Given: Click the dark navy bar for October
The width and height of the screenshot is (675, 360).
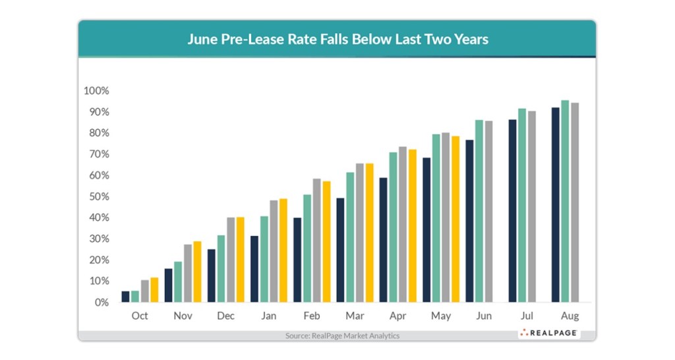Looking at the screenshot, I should tap(125, 297).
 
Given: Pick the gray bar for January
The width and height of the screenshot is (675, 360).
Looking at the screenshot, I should tap(274, 251).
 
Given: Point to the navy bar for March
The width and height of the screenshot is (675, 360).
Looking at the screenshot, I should tap(341, 250).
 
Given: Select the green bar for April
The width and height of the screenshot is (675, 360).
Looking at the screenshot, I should tap(393, 227).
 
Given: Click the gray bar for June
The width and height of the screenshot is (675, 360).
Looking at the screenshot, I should tap(488, 211).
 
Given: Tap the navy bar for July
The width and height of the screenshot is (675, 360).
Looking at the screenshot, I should tap(513, 210).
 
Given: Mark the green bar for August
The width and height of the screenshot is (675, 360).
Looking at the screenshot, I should tap(565, 201).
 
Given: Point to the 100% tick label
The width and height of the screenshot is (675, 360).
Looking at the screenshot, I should tap(96, 91).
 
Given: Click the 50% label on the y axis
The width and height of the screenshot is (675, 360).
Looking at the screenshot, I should tap(99, 196).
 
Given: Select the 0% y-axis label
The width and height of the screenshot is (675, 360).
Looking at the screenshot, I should tap(101, 303).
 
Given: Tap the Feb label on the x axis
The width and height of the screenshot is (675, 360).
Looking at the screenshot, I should tap(311, 316).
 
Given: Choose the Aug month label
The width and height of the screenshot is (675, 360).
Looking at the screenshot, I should tap(570, 316).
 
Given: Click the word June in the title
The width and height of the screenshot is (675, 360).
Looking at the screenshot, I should tap(202, 39).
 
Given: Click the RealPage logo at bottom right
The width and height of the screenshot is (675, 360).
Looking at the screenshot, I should tap(548, 333).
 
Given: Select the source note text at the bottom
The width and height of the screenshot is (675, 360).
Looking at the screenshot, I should tap(342, 336).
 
